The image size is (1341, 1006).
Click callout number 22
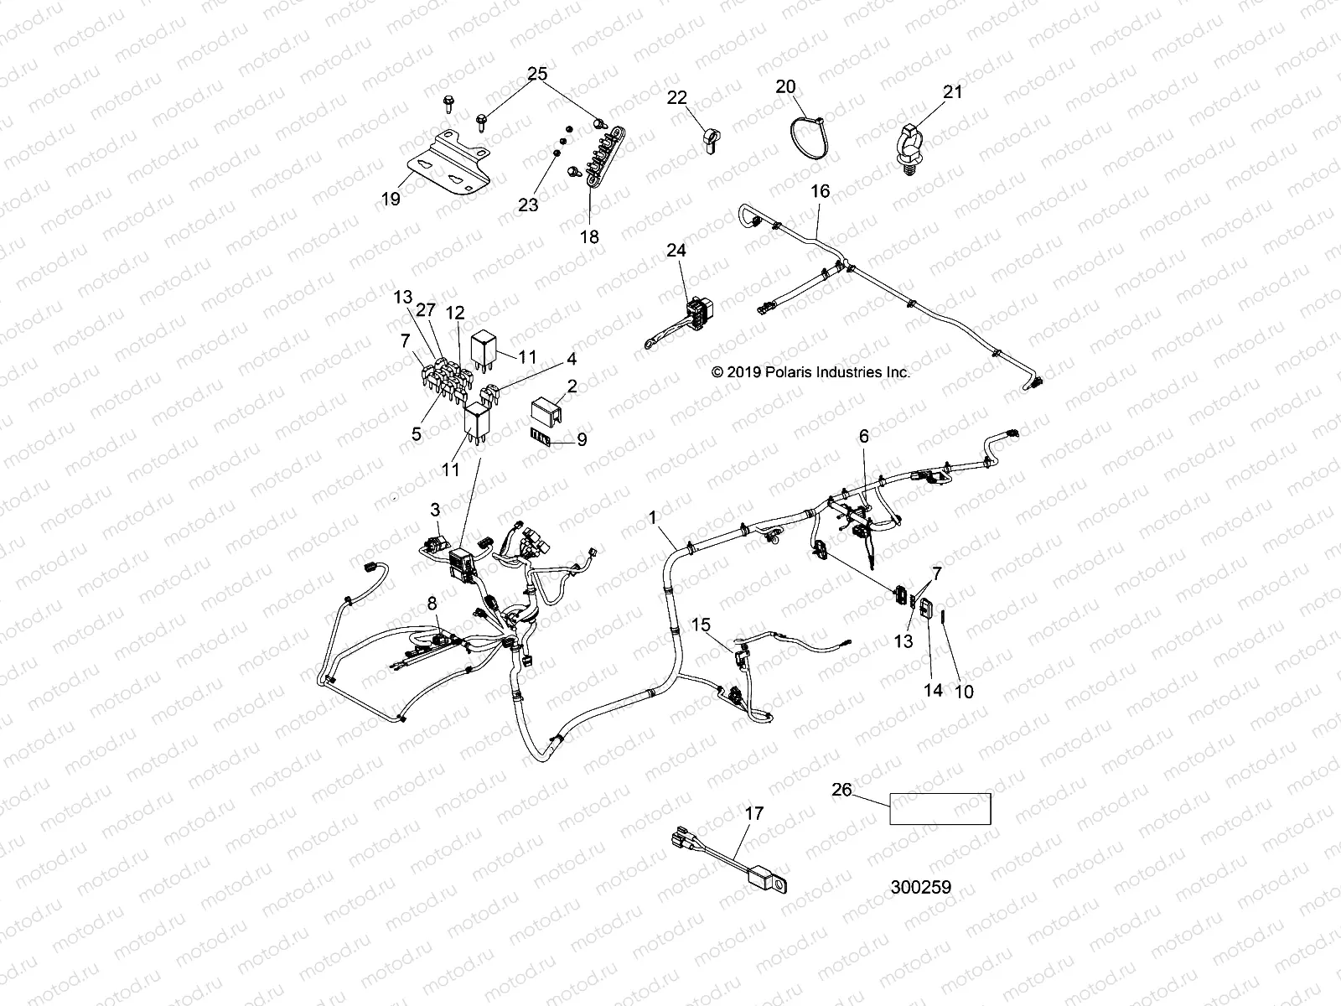[x=677, y=98]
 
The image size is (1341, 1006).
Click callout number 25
[x=537, y=75]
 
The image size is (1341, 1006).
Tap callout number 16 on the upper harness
[x=820, y=191]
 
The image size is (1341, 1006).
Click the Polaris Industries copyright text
[x=810, y=372]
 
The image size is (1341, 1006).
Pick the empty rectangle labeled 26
[x=940, y=809]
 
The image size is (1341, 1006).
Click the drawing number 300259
[x=921, y=887]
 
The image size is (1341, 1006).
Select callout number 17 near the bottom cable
[x=754, y=812]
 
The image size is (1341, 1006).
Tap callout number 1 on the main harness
[x=653, y=519]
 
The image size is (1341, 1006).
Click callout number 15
[x=701, y=625]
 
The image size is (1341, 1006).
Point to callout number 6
[x=863, y=436]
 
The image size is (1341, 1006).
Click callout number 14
[x=933, y=690]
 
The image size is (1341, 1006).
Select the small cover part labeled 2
[x=546, y=410]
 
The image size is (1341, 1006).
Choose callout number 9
[x=582, y=438]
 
